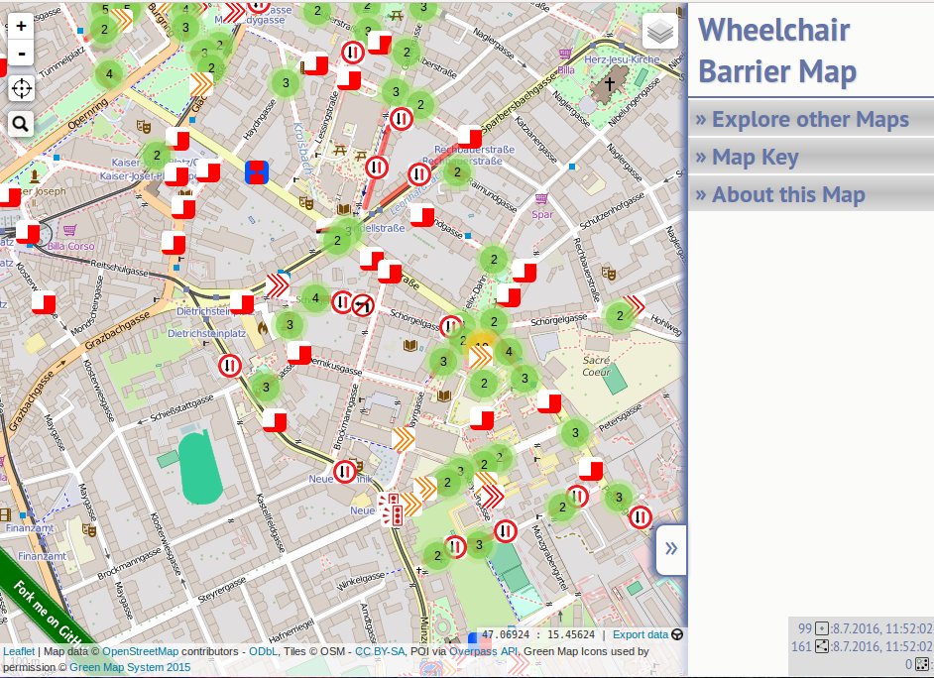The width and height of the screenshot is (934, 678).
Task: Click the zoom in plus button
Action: pyautogui.click(x=21, y=27)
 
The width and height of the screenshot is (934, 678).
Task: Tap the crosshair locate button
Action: pyautogui.click(x=21, y=89)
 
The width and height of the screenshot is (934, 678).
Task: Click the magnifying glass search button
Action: pyautogui.click(x=21, y=124)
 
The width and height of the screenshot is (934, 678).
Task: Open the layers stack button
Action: pyautogui.click(x=660, y=33)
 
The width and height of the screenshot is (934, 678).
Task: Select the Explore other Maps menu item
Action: pyautogui.click(x=802, y=120)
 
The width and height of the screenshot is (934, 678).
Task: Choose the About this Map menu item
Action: pyautogui.click(x=780, y=195)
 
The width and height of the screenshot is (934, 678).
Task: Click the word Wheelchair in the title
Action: pyautogui.click(x=774, y=31)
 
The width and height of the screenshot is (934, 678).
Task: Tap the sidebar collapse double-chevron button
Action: pyautogui.click(x=671, y=549)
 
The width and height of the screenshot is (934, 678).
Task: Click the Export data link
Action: pyautogui.click(x=641, y=635)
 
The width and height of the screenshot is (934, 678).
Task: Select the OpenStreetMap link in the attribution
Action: pyautogui.click(x=141, y=652)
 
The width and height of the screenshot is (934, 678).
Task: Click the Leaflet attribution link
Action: pyautogui.click(x=19, y=652)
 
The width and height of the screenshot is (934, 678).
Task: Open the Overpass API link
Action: pyautogui.click(x=484, y=652)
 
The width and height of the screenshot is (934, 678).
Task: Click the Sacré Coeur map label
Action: pyautogui.click(x=597, y=366)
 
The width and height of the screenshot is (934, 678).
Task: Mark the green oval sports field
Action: pyautogui.click(x=200, y=467)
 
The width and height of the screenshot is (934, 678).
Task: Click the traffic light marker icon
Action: pyautogui.click(x=393, y=509)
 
